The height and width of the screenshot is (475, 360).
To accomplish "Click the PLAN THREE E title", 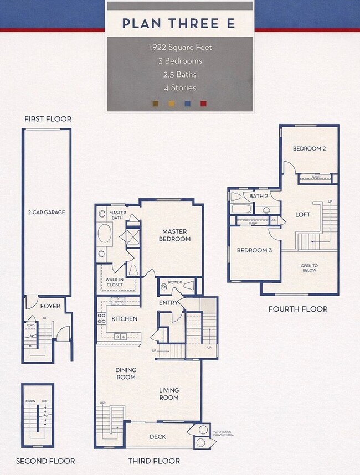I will [179, 23].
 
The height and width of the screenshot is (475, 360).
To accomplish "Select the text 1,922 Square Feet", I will [179, 47].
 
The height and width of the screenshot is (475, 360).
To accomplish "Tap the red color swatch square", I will [203, 103].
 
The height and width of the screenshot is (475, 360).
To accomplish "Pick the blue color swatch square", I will [187, 103].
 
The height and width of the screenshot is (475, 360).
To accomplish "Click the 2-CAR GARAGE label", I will [47, 212].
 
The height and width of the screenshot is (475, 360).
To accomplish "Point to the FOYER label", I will [50, 306].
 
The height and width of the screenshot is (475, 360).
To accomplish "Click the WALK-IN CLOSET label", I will [115, 282].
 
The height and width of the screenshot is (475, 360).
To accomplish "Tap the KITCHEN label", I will [124, 319].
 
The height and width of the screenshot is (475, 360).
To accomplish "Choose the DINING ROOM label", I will [126, 374].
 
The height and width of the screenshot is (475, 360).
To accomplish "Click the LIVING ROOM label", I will [169, 394].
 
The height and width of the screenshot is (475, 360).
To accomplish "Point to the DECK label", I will [158, 437].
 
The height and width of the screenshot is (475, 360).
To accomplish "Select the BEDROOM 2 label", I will [309, 148].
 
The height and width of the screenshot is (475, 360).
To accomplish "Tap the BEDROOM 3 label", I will [254, 250].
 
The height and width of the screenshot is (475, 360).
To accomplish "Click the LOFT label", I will [302, 214].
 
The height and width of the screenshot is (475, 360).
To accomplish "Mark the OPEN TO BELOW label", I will [309, 267].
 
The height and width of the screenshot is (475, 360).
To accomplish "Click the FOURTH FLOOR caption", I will [298, 309].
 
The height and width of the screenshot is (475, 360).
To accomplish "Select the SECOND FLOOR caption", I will [45, 461].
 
